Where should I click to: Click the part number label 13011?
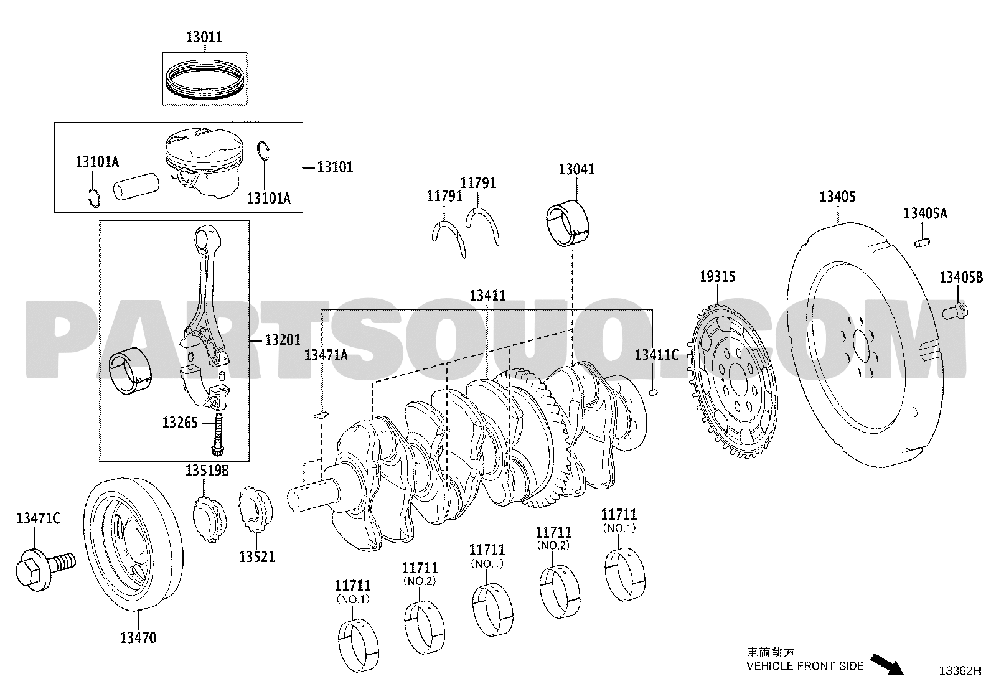point(204,37)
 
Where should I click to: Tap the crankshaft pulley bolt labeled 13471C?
point(45,568)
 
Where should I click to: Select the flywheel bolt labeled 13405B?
point(955,311)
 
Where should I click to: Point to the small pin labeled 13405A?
point(922,243)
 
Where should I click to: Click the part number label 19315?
point(718,276)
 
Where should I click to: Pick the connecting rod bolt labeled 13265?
point(218,434)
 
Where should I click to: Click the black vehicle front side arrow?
point(886,665)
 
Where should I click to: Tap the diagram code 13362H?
point(960,671)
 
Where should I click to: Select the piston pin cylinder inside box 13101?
point(136,186)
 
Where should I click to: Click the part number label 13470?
point(138,637)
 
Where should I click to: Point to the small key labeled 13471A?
point(321,415)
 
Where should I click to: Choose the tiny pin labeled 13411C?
point(654,391)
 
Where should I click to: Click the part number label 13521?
point(257,556)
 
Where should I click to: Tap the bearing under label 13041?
point(568,223)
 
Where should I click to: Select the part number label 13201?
point(282,340)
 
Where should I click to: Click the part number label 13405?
point(837,197)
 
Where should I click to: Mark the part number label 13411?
point(487,295)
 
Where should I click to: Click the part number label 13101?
point(335,167)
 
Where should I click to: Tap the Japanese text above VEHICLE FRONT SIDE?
point(771,652)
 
